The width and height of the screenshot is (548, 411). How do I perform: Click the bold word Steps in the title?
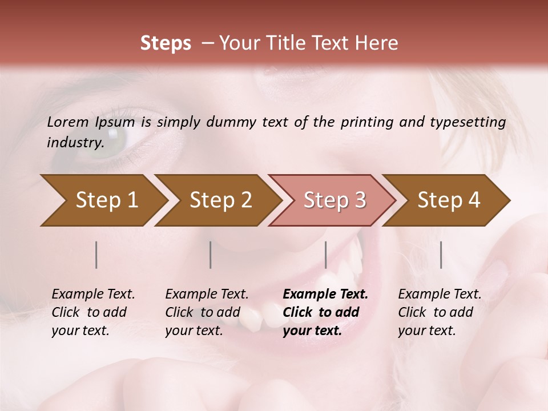[x=166, y=43]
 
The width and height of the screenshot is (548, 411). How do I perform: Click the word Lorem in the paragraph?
[x=67, y=122]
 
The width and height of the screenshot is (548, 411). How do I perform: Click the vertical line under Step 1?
[x=96, y=255]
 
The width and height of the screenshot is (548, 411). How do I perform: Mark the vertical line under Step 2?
[x=211, y=255]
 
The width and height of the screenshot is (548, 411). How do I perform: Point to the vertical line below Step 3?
[x=325, y=255]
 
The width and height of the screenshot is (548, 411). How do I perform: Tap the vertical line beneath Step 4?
[x=441, y=255]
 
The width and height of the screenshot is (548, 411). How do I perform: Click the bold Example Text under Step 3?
[x=325, y=295]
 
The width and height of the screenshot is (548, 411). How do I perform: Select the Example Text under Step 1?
[x=93, y=295]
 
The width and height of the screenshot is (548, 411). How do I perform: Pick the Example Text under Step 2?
[x=207, y=295]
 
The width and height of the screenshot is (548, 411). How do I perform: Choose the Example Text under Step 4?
[x=440, y=295]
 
